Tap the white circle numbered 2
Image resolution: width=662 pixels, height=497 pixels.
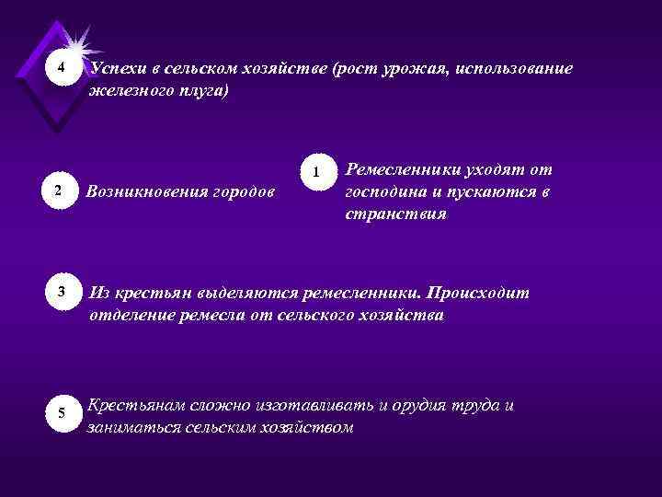tap(58, 191)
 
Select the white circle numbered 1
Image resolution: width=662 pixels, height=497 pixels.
tap(315, 172)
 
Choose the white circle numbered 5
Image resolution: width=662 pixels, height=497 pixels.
tap(61, 411)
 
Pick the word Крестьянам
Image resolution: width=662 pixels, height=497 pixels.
tap(136, 406)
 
